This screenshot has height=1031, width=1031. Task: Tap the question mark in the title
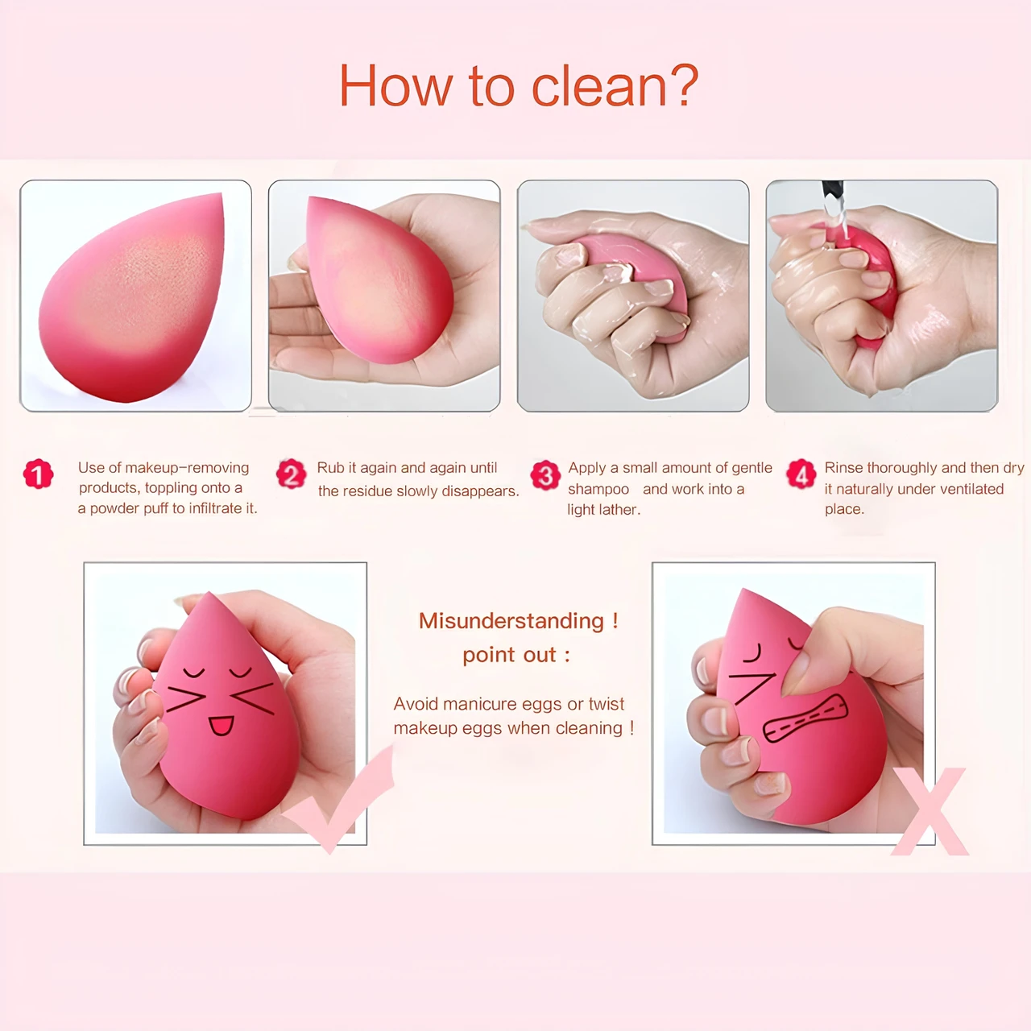(x=683, y=85)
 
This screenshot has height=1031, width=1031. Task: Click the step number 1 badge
(x=39, y=474)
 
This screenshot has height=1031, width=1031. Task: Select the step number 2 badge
(x=291, y=474)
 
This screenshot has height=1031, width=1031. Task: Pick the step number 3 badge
(x=545, y=475)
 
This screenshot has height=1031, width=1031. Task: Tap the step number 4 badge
(x=801, y=474)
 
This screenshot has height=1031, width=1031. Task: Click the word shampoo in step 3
(x=598, y=490)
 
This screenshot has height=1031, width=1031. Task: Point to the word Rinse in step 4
(x=843, y=468)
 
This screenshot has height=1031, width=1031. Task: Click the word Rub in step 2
(x=331, y=468)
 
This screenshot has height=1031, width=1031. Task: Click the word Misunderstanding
(x=511, y=621)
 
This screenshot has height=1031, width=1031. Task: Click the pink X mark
(x=930, y=811)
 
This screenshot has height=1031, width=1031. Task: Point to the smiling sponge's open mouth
(x=221, y=726)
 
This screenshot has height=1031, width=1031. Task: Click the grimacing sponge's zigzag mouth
(x=805, y=718)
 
